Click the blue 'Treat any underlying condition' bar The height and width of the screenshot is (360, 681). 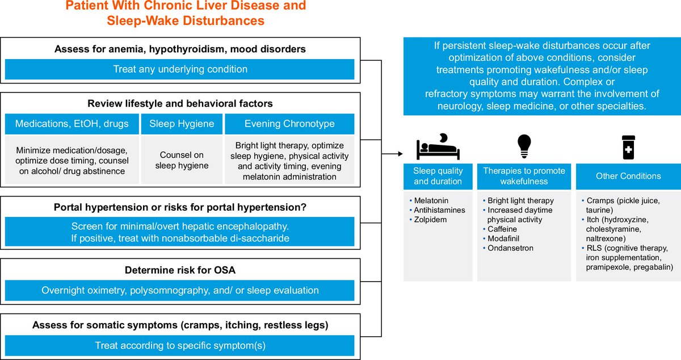pos(179,69)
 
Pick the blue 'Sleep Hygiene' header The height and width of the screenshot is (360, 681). pos(182,124)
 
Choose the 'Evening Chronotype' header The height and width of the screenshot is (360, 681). pos(289,124)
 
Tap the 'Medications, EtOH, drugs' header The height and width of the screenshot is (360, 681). pos(72,124)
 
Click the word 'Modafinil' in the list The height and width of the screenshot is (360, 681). pos(505,239)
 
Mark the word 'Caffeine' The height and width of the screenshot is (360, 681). pos(503,229)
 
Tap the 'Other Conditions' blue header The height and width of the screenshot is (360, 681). pos(628,176)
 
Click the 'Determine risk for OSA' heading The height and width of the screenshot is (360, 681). pos(180,270)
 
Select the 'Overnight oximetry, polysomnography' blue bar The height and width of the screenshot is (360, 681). pos(179,290)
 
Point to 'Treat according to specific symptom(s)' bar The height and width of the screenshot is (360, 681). pos(179,345)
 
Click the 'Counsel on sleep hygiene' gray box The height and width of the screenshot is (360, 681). pos(182,160)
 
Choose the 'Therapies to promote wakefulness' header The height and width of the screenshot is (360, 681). pos(524,176)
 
